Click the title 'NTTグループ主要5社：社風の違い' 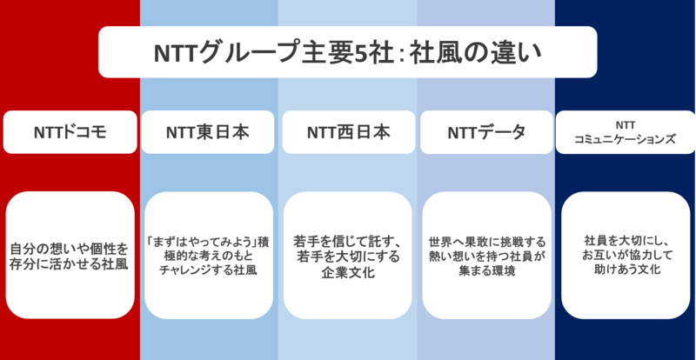pyautogui.click(x=347, y=52)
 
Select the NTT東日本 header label pyautogui.click(x=209, y=132)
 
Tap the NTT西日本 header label pyautogui.click(x=348, y=132)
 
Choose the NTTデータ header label pyautogui.click(x=486, y=132)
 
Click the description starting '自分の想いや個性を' pyautogui.click(x=70, y=247)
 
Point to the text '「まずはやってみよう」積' pyautogui.click(x=209, y=239)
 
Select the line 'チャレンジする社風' pyautogui.click(x=209, y=270)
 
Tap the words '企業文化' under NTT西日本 pyautogui.click(x=348, y=271)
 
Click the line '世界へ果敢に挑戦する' pyautogui.click(x=486, y=239)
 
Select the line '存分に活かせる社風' pyautogui.click(x=70, y=263)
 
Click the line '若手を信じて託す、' pyautogui.click(x=348, y=239)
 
